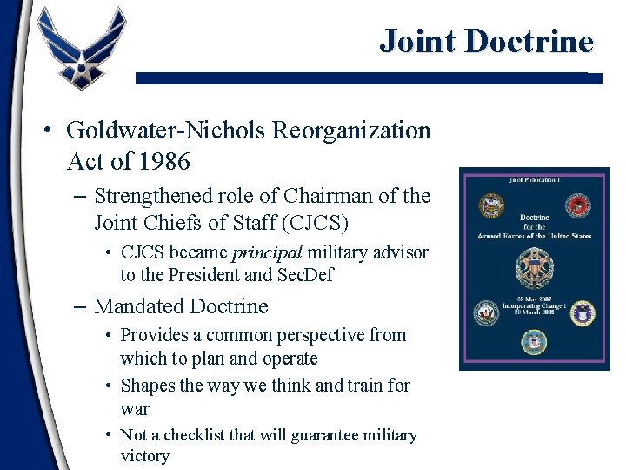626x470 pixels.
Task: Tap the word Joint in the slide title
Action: (418, 41)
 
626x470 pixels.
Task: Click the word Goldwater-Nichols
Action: (166, 131)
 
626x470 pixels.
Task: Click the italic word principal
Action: (266, 252)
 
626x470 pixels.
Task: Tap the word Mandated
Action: (137, 306)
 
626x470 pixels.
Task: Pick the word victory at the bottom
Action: (144, 457)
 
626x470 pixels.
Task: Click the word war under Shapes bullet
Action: (135, 409)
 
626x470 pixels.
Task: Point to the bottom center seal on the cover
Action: (533, 342)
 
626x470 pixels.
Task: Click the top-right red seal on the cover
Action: (577, 206)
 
